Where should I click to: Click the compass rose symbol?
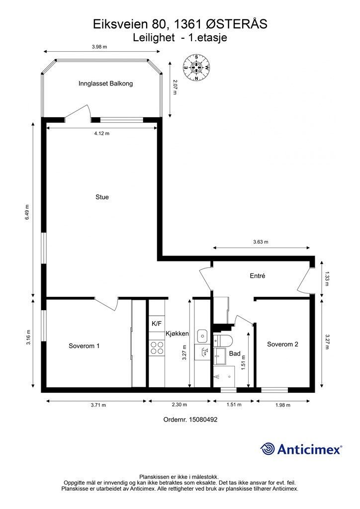196,68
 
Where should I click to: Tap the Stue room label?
102,197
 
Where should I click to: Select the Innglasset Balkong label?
105,84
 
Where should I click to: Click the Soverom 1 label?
84,346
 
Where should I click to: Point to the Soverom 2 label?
282,344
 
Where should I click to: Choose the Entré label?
258,275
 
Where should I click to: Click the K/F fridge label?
157,323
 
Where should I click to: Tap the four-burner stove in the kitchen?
157,347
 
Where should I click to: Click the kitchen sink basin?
202,336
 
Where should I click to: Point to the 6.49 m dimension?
27,212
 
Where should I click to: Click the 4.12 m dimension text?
101,133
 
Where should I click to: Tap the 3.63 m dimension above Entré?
261,242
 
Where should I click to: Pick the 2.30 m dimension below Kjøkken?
179,405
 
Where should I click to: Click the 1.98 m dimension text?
283,405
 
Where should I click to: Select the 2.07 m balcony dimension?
175,87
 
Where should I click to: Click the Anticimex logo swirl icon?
268,449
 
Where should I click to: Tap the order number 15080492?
204,420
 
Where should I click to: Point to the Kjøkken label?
177,334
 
